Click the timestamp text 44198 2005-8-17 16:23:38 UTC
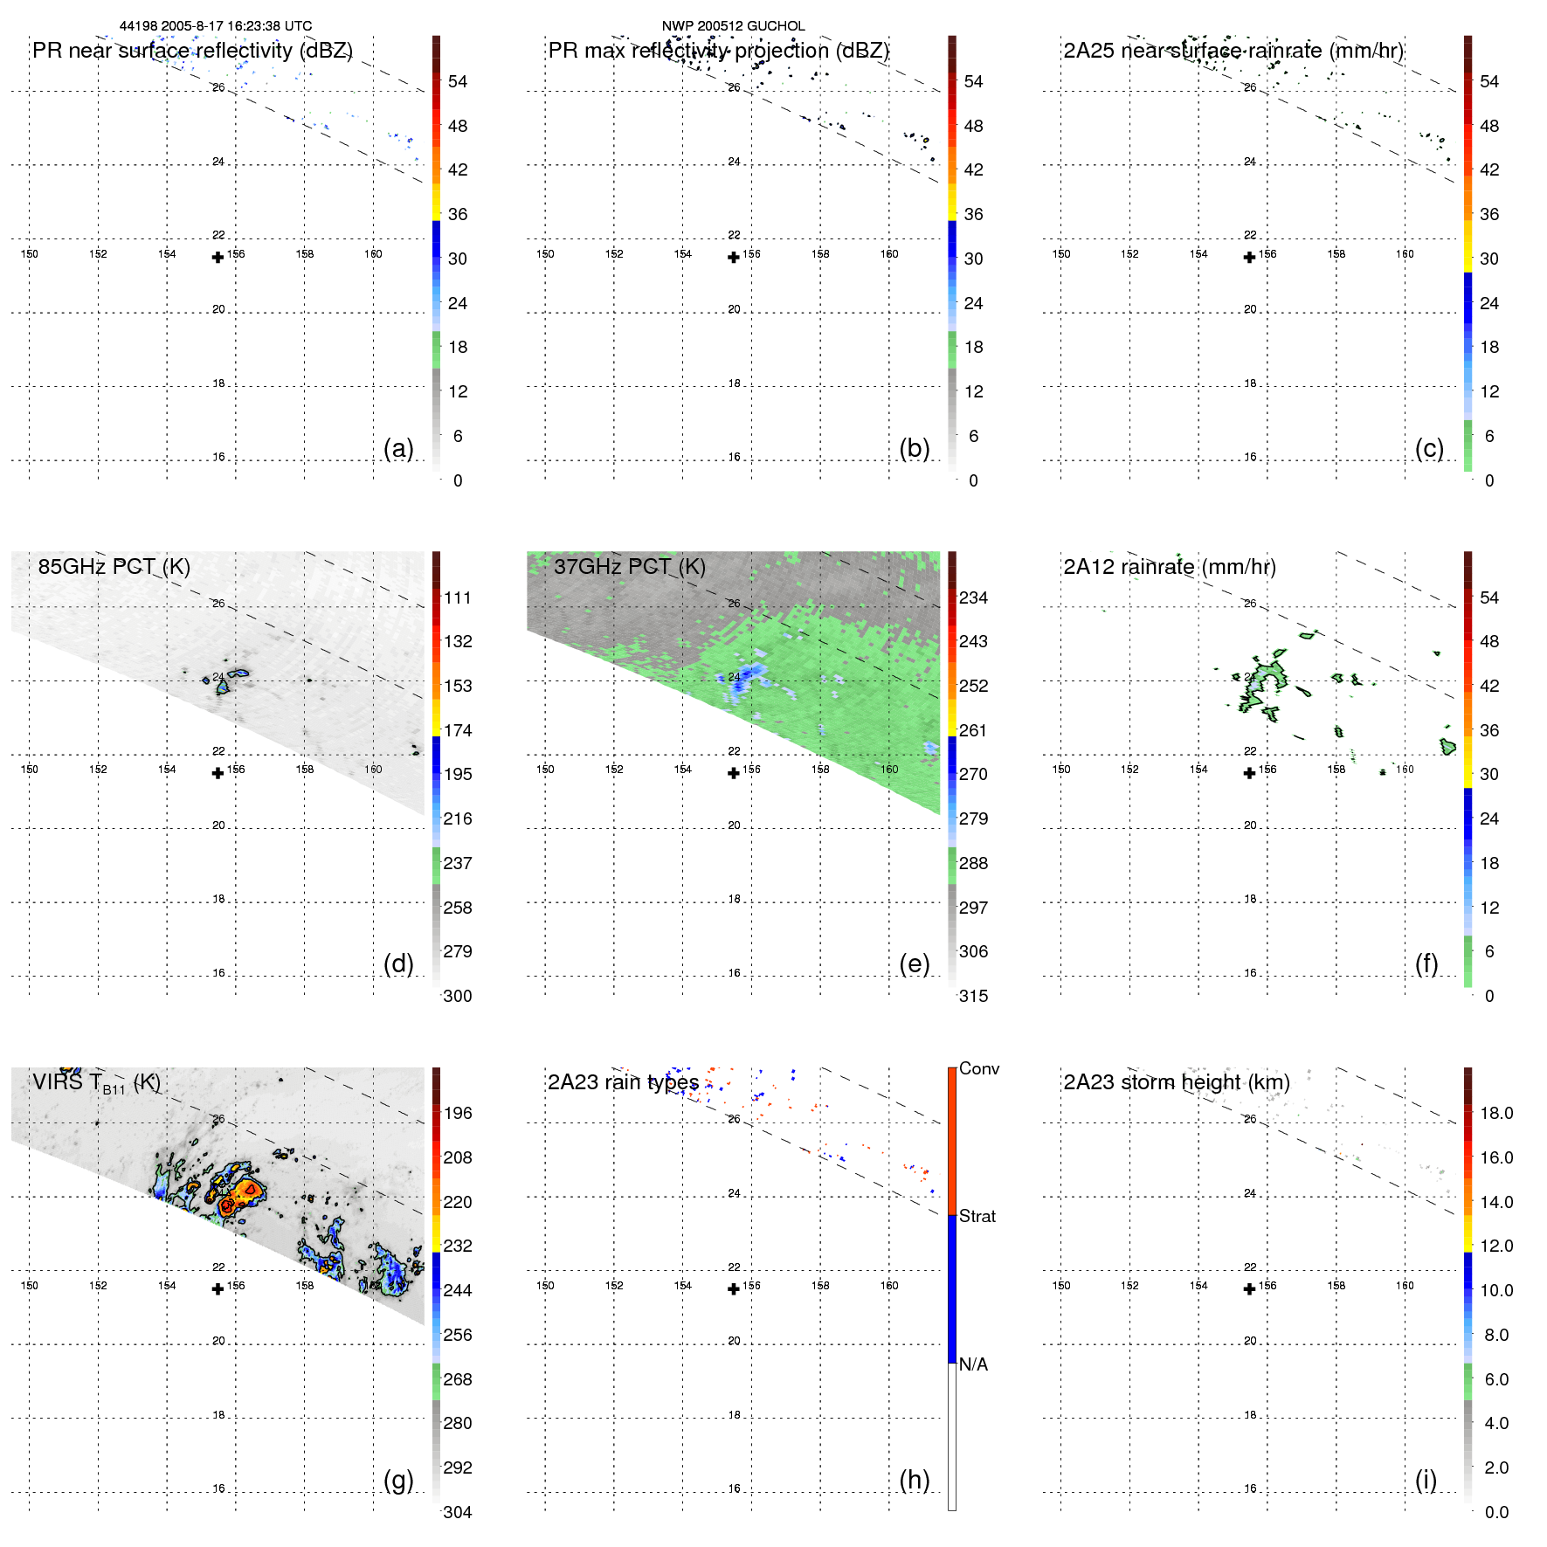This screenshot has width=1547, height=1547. tap(215, 26)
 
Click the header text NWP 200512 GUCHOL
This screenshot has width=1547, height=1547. tap(733, 26)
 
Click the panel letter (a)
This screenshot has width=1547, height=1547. tap(398, 448)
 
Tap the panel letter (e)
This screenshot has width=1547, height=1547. tap(914, 963)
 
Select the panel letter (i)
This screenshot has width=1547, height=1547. tap(1426, 1480)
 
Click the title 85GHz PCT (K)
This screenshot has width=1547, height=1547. tap(114, 566)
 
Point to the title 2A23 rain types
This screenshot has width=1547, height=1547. tap(623, 1082)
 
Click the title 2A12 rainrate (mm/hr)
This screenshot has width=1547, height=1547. tap(1169, 566)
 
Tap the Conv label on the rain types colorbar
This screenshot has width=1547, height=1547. tap(978, 1068)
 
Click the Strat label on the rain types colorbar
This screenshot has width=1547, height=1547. tap(977, 1216)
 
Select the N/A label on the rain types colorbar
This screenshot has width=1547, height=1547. tap(973, 1364)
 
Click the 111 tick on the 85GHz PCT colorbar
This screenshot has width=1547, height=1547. tap(457, 597)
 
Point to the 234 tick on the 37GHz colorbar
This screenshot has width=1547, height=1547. tap(973, 597)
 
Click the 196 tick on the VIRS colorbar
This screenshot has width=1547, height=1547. tap(457, 1113)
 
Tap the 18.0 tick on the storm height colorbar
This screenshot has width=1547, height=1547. tap(1495, 1113)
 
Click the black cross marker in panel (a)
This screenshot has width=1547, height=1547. tap(218, 257)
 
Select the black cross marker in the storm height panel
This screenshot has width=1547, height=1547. tap(1249, 1288)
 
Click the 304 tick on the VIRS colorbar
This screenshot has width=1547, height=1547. tap(457, 1512)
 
